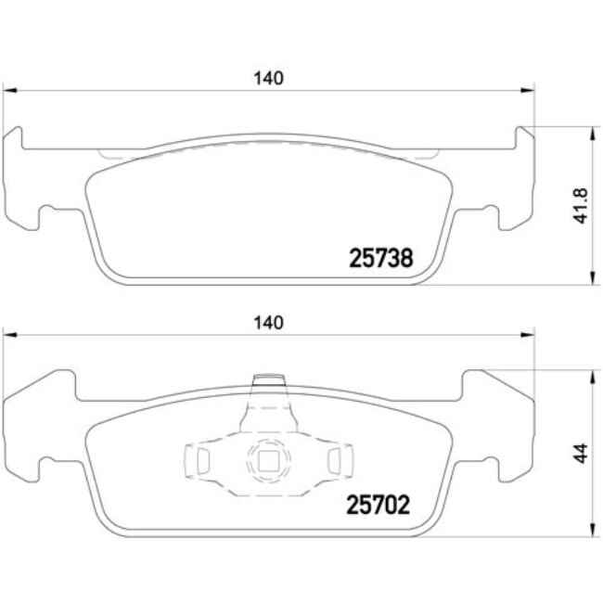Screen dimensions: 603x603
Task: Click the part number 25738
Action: coord(379,258)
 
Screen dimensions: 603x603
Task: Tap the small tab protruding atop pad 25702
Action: coord(269,380)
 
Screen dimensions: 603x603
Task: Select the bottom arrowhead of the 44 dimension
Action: coord(591,531)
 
